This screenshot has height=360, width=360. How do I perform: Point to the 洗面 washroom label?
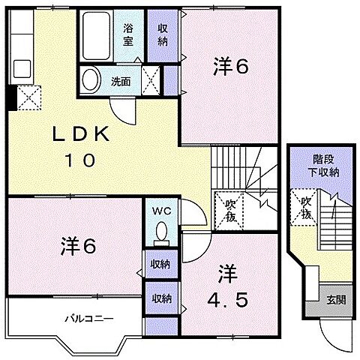[x=121, y=81]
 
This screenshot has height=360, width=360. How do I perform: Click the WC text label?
[x=163, y=211]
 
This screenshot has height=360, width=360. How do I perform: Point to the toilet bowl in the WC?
[x=162, y=235]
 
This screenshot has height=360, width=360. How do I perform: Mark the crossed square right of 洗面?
[x=153, y=79]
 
